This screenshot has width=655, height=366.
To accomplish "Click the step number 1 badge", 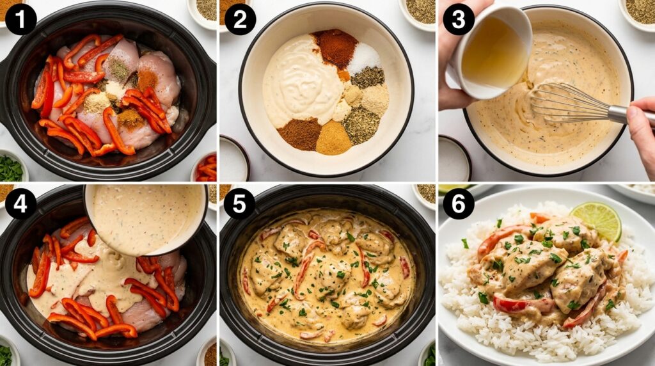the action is (21, 19).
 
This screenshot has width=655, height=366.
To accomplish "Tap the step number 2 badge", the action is (241, 19).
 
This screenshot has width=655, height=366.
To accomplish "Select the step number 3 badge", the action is (459, 19).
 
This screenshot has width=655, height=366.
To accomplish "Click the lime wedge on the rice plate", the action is (597, 220).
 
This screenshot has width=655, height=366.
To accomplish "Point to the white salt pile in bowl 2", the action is (364, 58).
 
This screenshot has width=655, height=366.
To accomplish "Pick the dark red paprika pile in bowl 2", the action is (335, 47).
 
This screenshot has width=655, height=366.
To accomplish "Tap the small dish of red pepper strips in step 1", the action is (205, 167).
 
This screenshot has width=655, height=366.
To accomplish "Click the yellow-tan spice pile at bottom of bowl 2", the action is (334, 138).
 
